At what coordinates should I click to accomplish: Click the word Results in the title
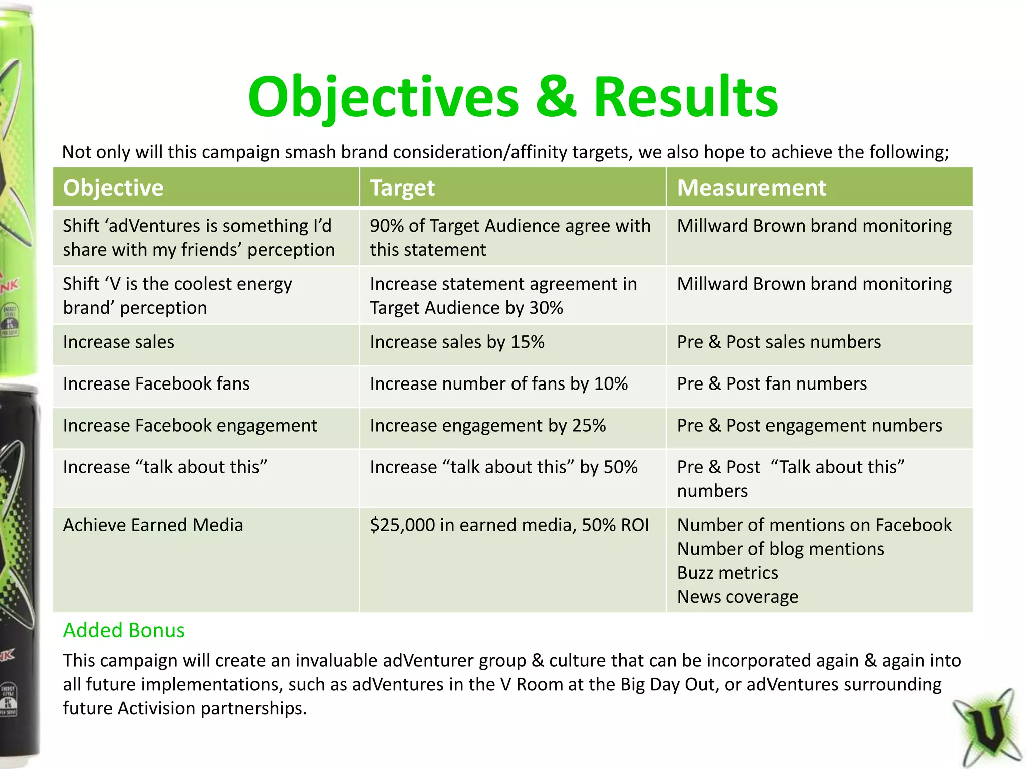tap(685, 97)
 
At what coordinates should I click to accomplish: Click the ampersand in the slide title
tap(556, 97)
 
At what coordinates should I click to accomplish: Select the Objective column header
tap(113, 188)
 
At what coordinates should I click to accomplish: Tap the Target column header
tap(402, 188)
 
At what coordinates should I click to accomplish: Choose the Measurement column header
tap(751, 188)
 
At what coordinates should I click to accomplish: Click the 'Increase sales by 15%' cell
tap(457, 342)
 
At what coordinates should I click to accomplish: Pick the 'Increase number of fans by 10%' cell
tap(498, 384)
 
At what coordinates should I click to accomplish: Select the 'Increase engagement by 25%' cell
tap(487, 426)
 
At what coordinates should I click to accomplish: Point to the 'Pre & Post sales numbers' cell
tap(779, 342)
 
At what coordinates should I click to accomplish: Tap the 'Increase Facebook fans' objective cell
tap(156, 384)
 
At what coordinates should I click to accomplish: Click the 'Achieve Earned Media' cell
tap(153, 525)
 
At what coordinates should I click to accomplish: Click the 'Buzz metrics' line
tap(727, 573)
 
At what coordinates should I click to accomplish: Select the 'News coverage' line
tap(737, 597)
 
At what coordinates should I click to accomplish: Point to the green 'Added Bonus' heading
tap(124, 630)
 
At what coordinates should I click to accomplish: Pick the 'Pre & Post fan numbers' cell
tap(772, 384)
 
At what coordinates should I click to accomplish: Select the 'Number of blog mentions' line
tap(781, 549)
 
